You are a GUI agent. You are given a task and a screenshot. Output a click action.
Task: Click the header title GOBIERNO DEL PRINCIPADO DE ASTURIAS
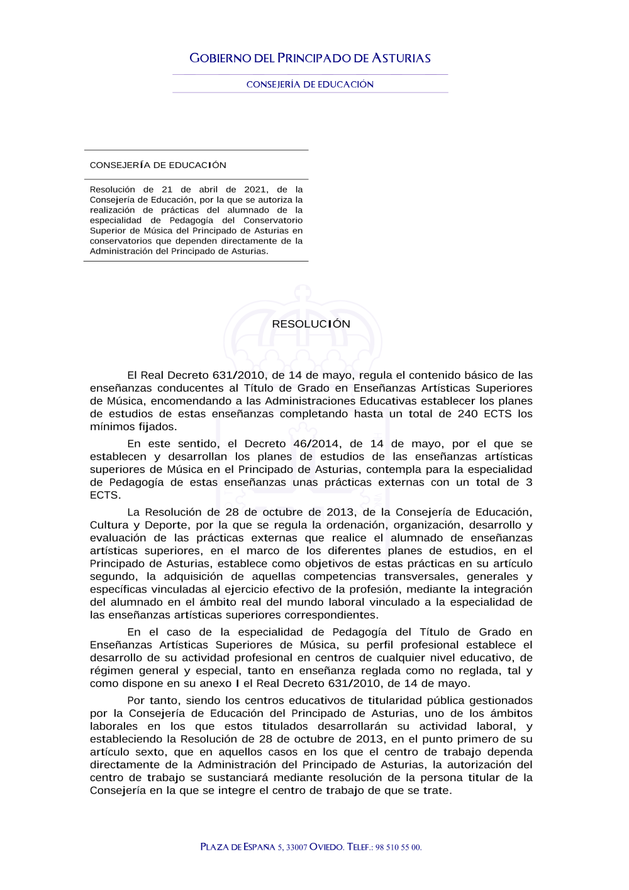(x=310, y=58)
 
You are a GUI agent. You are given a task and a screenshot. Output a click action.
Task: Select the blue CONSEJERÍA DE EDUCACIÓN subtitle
(x=310, y=84)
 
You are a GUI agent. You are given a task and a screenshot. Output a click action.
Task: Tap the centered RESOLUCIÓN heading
(x=311, y=324)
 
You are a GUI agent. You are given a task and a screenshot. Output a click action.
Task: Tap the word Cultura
(x=109, y=525)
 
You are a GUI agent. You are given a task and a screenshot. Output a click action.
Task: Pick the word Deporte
(x=166, y=525)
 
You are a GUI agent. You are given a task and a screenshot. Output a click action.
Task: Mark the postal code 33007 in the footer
(x=296, y=847)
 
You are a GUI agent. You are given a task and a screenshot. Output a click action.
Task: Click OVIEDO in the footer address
(x=327, y=847)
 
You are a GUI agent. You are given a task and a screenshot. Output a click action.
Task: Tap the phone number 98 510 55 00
(x=398, y=847)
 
